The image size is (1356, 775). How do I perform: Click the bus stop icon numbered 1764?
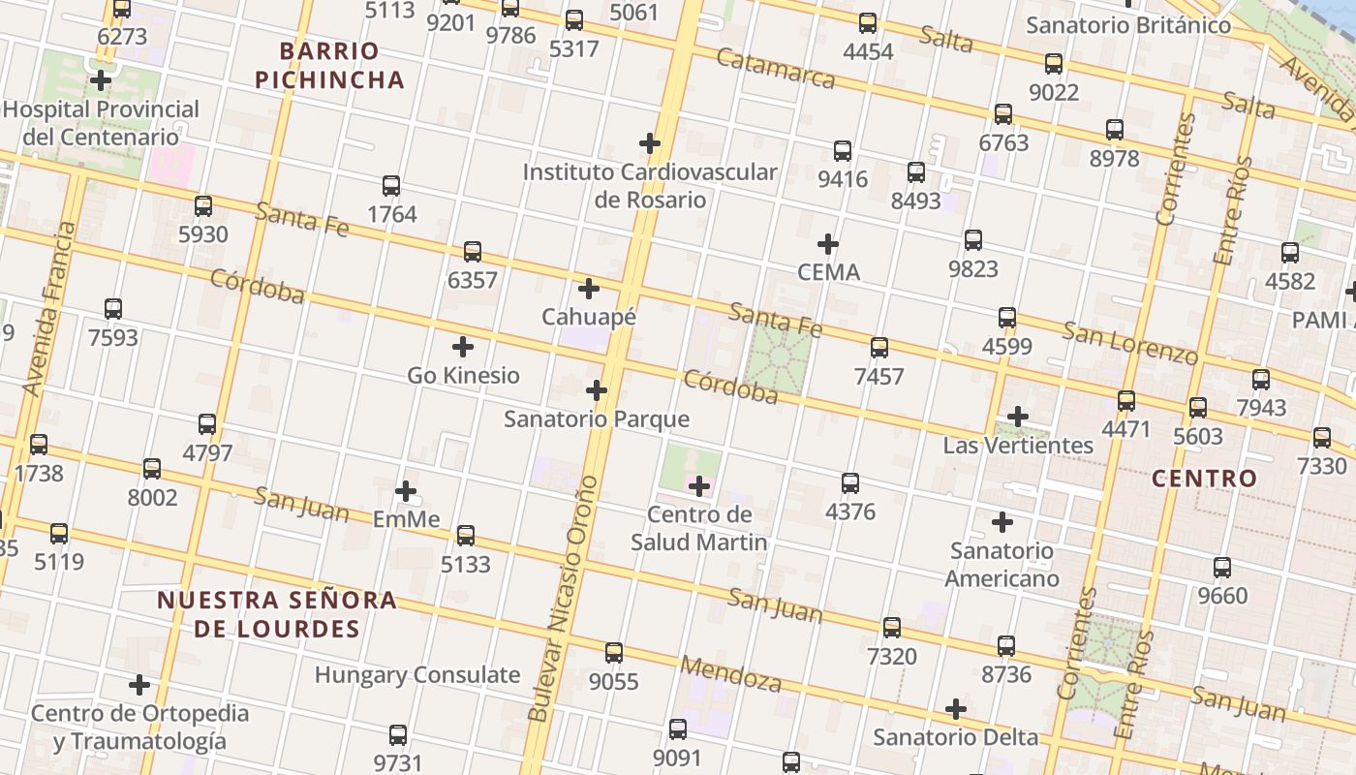click(391, 185)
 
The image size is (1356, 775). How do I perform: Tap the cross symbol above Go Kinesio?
click(463, 346)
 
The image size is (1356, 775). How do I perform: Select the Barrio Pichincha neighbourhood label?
click(329, 65)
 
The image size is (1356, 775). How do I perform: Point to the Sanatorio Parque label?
click(597, 418)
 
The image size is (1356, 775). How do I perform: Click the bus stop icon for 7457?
click(878, 347)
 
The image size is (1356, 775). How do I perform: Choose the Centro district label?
click(1204, 478)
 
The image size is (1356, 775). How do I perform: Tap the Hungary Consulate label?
click(417, 674)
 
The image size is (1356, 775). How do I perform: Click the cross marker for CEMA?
click(827, 243)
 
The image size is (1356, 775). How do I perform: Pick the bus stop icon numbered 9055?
click(614, 652)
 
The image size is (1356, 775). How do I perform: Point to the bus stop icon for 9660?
click(1222, 567)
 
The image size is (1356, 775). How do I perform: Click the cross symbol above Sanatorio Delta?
click(956, 708)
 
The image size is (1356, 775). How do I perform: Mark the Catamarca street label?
click(775, 67)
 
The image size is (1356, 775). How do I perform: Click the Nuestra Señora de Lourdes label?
click(277, 613)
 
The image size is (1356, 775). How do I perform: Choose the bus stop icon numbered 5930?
click(203, 205)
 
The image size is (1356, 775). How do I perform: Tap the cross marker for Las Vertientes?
click(1017, 417)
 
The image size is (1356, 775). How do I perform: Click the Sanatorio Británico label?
click(1128, 25)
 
